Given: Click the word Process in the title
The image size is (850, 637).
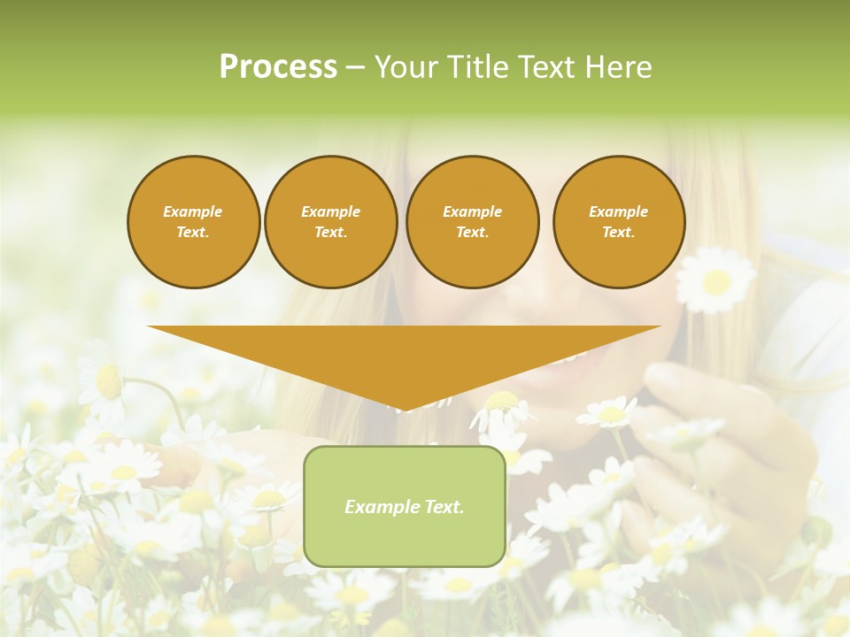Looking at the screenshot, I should pos(278,67).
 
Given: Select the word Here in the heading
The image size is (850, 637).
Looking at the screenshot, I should pos(619,67).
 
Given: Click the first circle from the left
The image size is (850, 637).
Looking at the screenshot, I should pos(193,222).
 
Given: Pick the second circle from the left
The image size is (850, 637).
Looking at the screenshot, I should pos(330,222).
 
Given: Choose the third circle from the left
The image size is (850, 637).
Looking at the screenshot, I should pos(472,222).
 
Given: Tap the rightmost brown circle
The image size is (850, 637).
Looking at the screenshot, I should pos(618,222).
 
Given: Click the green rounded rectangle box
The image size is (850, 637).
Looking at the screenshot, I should pos(405,506).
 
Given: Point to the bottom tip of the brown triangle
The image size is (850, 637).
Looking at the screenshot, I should pos(405,411).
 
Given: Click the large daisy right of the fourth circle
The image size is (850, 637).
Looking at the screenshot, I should pos(715,280).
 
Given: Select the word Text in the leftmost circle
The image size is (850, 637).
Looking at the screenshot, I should pos(192,233).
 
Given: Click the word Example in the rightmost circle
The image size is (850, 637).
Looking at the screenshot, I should pos(618,211).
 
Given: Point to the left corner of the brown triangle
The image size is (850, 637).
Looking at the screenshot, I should pos(149,327).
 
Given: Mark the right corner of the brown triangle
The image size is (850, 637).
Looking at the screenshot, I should pos(660,327).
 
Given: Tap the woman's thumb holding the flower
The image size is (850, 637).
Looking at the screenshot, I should pos(677,380).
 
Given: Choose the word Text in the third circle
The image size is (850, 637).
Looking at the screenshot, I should pos(471,233).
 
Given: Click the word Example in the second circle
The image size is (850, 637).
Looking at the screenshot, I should pos(330,211).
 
